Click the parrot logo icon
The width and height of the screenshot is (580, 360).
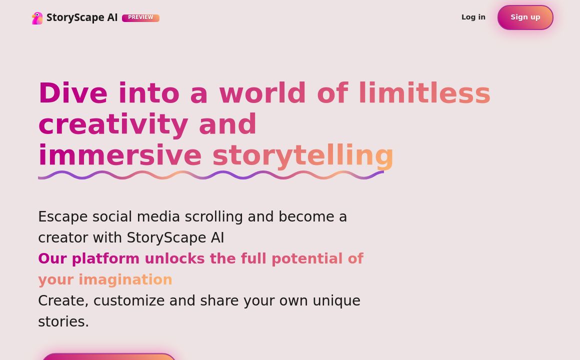(37, 18)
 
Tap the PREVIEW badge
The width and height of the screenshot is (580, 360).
(140, 18)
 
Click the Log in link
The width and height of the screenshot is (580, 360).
(473, 17)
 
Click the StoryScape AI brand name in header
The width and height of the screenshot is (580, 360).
(82, 18)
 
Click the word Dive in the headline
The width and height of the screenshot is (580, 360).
(72, 93)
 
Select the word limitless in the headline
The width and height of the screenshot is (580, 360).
(424, 93)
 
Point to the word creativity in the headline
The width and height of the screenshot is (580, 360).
(113, 124)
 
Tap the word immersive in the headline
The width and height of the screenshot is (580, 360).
(119, 155)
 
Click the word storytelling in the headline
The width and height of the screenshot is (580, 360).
(303, 155)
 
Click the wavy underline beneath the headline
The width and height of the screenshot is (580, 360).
(210, 175)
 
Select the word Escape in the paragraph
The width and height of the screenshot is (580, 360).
(62, 217)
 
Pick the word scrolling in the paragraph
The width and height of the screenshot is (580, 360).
(213, 217)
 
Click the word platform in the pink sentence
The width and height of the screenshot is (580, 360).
(105, 259)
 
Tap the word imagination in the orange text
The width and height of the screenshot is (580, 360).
(125, 280)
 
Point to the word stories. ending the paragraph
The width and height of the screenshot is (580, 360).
(63, 322)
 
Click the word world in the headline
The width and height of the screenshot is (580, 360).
(262, 93)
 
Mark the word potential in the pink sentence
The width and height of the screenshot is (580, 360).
(307, 259)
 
